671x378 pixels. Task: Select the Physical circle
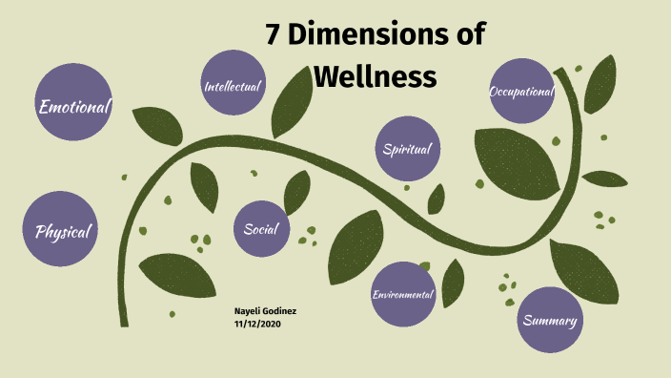(62, 230)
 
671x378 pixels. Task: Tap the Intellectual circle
(233, 86)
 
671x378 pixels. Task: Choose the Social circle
(260, 229)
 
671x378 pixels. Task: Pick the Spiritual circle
(407, 149)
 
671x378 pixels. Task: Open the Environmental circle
(403, 294)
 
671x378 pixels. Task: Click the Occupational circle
(521, 92)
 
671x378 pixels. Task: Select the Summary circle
(550, 320)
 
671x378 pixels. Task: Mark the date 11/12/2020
(257, 324)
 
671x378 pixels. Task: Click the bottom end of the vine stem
(124, 323)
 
